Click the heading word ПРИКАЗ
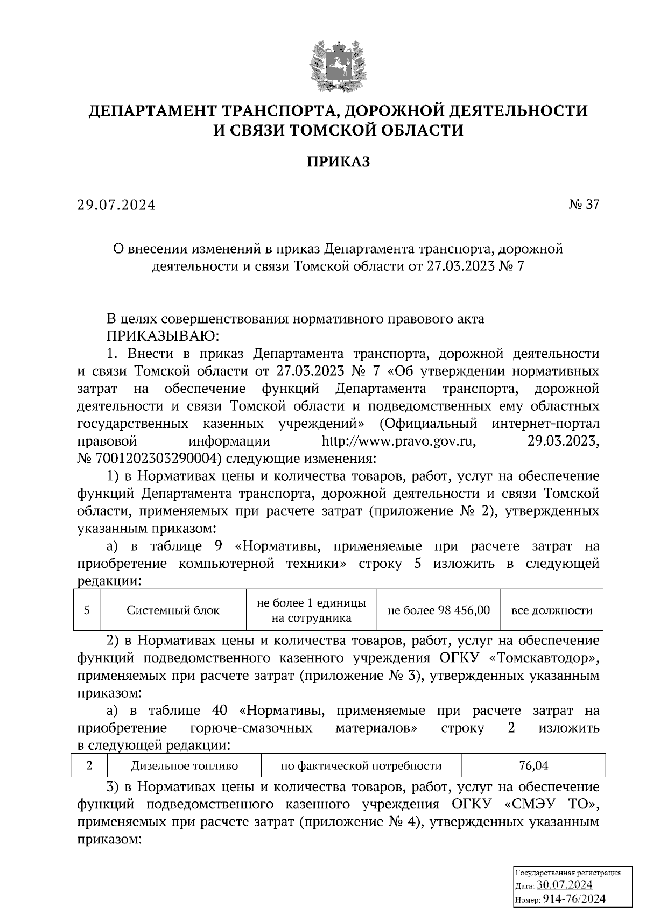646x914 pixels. [339, 161]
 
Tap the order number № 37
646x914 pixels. [584, 205]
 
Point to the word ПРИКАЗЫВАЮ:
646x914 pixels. [163, 336]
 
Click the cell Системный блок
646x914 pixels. [173, 610]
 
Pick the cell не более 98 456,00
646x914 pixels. [439, 610]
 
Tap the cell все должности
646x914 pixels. [552, 610]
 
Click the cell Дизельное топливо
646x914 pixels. [184, 765]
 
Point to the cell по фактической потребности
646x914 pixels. [361, 765]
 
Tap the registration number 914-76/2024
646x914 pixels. [573, 899]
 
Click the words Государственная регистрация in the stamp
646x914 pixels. [568, 873]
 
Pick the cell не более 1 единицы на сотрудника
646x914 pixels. [312, 610]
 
